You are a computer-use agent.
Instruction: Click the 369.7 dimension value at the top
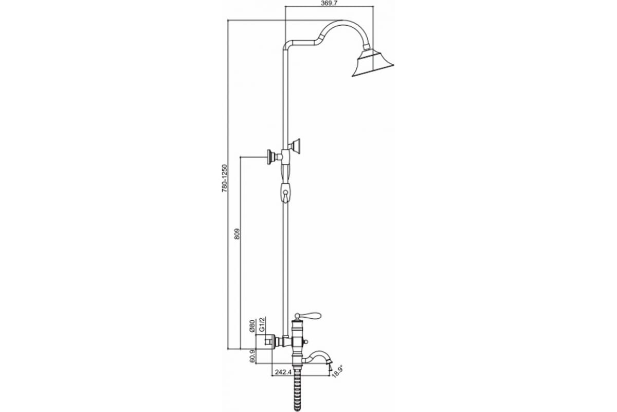coord(329,3)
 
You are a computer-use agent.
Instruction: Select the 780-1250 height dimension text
coord(225,178)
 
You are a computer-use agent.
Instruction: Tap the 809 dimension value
coord(238,233)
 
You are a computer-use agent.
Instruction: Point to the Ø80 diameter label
coord(251,325)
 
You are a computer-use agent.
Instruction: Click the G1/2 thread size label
coord(263,324)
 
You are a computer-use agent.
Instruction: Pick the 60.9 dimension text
coord(251,356)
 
